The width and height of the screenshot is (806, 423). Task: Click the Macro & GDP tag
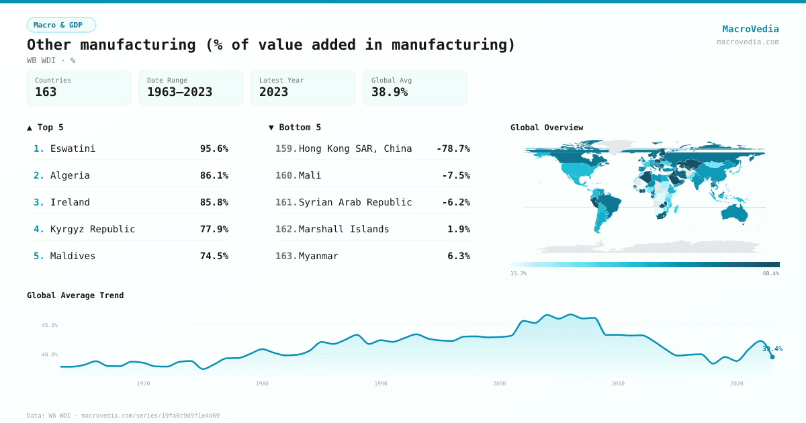61,25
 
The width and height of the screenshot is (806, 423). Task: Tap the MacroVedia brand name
750,29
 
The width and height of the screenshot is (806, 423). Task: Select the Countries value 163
46,93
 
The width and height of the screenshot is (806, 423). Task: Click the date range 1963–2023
179,93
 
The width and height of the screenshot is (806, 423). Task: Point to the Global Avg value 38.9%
390,93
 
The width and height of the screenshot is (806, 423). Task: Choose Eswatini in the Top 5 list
73,148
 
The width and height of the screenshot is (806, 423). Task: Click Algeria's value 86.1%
214,175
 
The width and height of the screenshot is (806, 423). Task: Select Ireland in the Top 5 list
70,202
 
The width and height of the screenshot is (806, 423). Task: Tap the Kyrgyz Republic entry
93,229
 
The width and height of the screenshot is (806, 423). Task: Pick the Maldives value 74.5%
214,256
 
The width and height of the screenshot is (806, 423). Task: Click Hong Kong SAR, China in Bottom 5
355,148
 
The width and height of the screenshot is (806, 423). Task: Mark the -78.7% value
453,148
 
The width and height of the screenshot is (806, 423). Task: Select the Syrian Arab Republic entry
355,202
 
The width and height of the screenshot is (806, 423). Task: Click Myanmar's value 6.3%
458,256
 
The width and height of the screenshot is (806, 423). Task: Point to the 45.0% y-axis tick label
50,325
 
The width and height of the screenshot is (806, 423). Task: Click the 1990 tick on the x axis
381,383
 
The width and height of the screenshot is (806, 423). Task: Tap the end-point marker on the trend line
772,357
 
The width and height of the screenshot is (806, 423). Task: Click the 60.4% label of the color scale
770,273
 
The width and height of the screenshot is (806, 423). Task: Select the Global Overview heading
547,128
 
